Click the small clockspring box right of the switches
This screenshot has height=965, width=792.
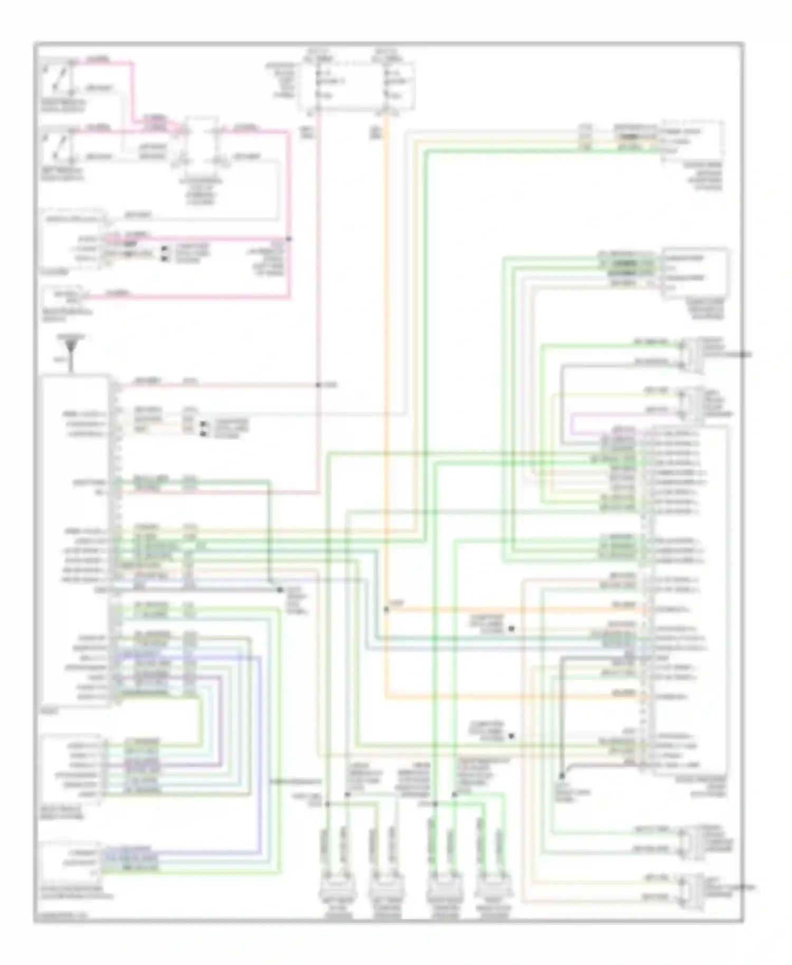202,143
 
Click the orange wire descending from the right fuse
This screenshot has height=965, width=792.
388,370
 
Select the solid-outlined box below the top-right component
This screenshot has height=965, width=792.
695,273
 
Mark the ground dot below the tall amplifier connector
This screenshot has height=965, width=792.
562,776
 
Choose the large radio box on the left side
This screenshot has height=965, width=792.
75,538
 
